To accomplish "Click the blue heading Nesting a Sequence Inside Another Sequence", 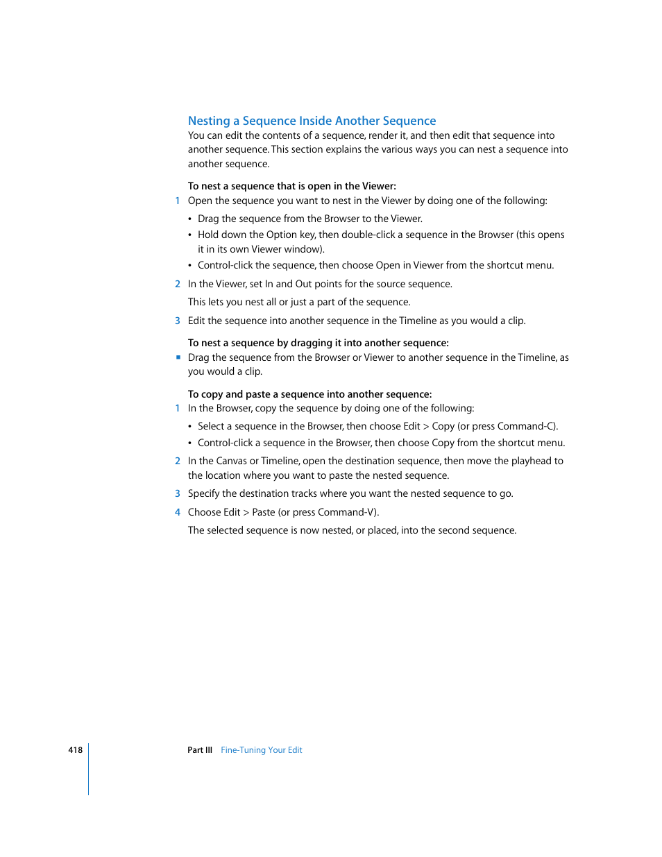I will [312, 121].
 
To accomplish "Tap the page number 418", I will [75, 750].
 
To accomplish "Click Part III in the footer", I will [200, 750].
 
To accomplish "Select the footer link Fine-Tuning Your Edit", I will [262, 750].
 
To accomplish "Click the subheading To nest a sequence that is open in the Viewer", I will [292, 186].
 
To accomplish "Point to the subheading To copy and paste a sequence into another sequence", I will [309, 394].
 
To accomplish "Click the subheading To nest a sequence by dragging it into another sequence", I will [318, 343].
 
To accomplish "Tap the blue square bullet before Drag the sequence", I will [178, 357].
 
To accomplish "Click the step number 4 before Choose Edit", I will [178, 512].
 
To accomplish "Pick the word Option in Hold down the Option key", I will [281, 235].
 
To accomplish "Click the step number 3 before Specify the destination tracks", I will [178, 493].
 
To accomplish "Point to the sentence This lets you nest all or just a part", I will [299, 302].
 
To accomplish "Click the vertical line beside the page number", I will [89, 769].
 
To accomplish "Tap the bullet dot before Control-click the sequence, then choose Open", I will [190, 266].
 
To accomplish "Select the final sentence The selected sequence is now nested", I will [352, 530].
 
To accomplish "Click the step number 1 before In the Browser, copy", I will [178, 408].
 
